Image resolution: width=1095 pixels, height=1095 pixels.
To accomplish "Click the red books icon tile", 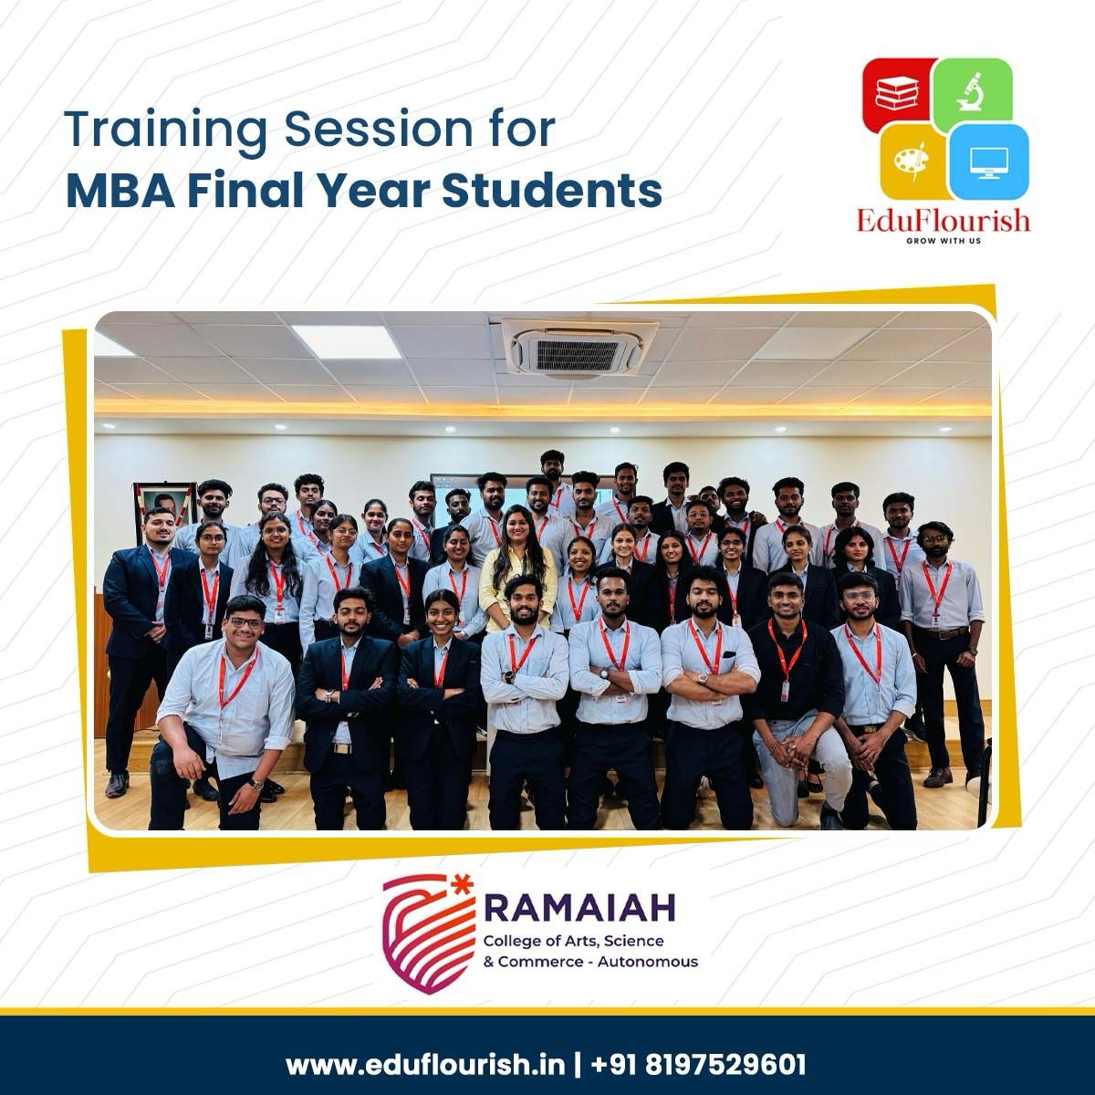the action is pyautogui.click(x=898, y=94).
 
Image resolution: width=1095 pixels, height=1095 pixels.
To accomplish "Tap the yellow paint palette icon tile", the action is pyautogui.click(x=913, y=161).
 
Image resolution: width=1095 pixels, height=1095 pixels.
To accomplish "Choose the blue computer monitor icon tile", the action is pyautogui.click(x=990, y=162).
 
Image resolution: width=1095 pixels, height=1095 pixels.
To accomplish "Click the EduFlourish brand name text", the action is pyautogui.click(x=944, y=221).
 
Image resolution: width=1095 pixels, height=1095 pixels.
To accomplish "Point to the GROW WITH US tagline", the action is pyautogui.click(x=944, y=241).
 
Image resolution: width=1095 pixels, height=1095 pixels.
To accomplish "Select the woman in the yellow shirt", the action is pyautogui.click(x=516, y=568).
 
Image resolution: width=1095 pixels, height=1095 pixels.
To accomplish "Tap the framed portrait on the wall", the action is pyautogui.click(x=164, y=506).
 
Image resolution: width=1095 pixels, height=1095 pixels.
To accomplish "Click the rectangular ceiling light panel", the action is pyautogui.click(x=347, y=342).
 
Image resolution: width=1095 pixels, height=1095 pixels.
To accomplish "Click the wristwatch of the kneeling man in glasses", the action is pyautogui.click(x=255, y=786).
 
